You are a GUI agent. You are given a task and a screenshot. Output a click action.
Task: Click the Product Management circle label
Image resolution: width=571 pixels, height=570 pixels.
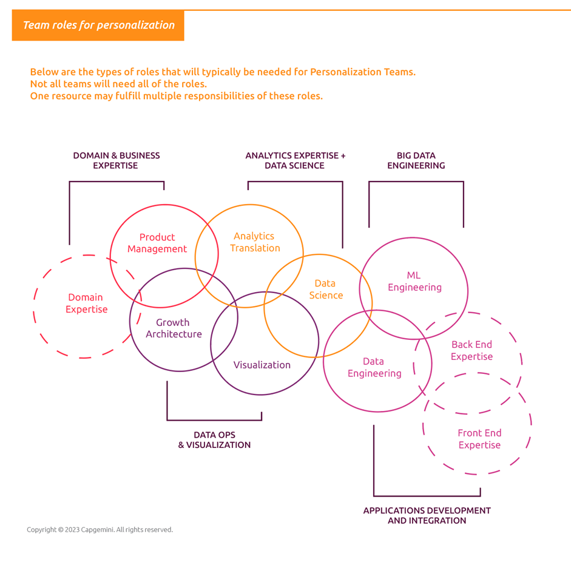coord(157,243)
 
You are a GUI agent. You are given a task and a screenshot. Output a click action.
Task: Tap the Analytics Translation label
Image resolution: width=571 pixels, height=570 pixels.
coord(255,242)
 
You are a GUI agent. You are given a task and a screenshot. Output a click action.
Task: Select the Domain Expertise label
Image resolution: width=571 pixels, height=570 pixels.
coord(86,303)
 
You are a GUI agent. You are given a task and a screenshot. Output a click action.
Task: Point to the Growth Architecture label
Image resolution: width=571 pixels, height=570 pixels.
coord(174,328)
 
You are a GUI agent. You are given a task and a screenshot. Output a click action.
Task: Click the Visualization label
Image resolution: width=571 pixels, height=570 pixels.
coord(262,365)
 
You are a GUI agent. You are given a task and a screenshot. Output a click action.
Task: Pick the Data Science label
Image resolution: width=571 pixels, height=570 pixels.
coord(326,289)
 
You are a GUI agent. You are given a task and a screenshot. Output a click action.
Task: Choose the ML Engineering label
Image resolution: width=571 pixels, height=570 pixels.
coord(414,281)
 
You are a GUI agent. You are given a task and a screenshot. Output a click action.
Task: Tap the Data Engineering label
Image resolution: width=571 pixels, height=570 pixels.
coord(374,367)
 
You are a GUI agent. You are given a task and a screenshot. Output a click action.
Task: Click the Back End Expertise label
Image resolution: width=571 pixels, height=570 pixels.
coord(471,350)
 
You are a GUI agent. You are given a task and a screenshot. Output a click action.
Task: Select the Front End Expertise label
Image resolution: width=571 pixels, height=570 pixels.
coord(479,439)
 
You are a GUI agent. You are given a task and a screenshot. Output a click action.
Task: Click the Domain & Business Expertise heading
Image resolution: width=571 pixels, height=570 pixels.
coord(116,161)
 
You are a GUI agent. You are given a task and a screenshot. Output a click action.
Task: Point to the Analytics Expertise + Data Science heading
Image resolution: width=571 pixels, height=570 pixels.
coord(296,161)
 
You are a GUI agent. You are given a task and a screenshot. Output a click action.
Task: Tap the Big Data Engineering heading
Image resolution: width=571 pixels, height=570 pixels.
coord(416,161)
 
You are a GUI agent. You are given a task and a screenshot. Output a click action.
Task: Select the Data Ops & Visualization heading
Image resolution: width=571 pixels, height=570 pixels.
coord(214,440)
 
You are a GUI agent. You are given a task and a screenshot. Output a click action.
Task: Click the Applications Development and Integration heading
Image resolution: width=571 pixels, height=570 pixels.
coord(427,516)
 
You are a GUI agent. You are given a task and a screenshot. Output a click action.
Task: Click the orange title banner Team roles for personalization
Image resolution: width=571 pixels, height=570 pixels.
coord(98,25)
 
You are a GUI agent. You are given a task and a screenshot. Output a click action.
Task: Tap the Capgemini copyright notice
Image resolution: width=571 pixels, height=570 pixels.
coord(100,529)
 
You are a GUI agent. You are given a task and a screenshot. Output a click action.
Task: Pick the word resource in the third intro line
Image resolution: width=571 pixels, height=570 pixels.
coord(72,96)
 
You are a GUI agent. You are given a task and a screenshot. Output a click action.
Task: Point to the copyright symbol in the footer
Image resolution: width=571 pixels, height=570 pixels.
coord(61,529)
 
